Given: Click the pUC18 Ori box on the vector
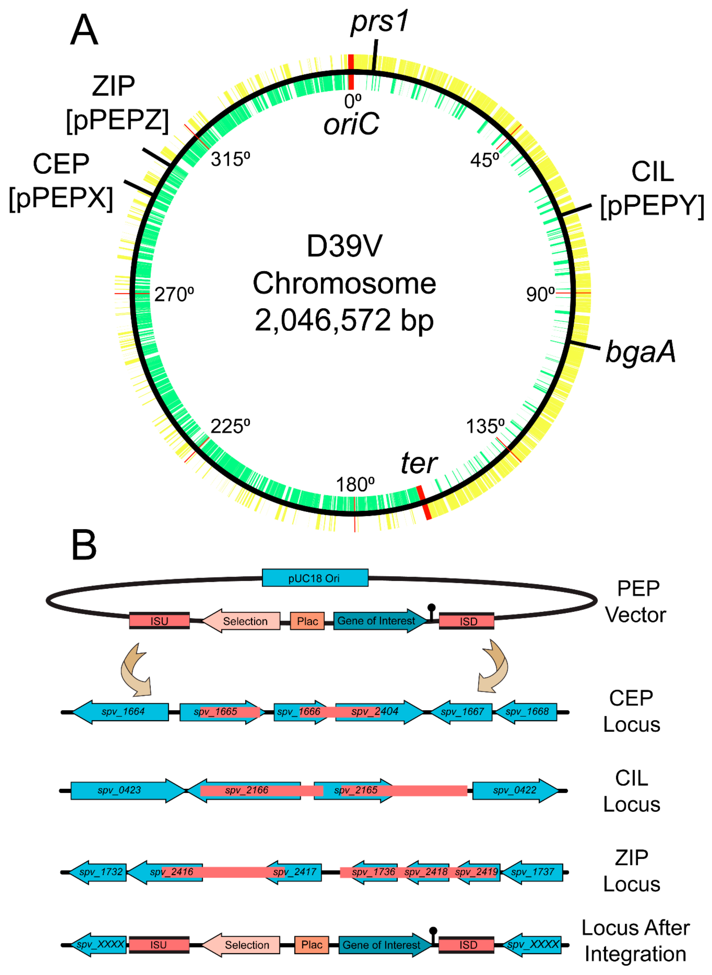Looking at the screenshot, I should point(315,578).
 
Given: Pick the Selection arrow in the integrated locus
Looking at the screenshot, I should point(241,945).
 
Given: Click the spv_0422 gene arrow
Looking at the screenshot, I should point(515,790).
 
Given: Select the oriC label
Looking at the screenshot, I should point(351,124).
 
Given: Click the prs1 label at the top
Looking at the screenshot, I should point(379,22).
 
